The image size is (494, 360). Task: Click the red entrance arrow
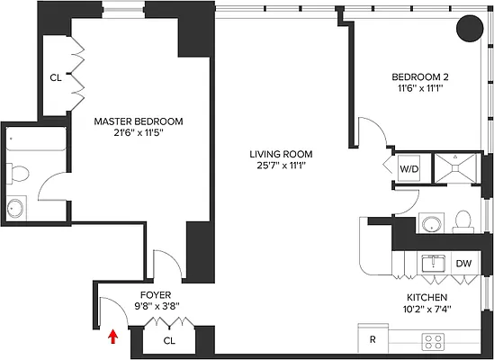click(112, 337)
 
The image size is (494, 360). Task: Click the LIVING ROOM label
click(281, 154)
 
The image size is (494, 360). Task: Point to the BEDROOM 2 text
click(420, 76)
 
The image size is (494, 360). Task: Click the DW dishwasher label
click(463, 264)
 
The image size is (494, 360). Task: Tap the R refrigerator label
click(373, 341)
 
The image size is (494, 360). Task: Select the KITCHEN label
click(427, 296)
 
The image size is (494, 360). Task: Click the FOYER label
click(155, 294)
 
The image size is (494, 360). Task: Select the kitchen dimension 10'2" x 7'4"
click(427, 309)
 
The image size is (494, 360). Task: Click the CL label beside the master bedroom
click(56, 77)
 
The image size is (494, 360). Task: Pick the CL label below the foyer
click(169, 341)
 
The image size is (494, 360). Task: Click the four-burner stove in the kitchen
click(434, 341)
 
